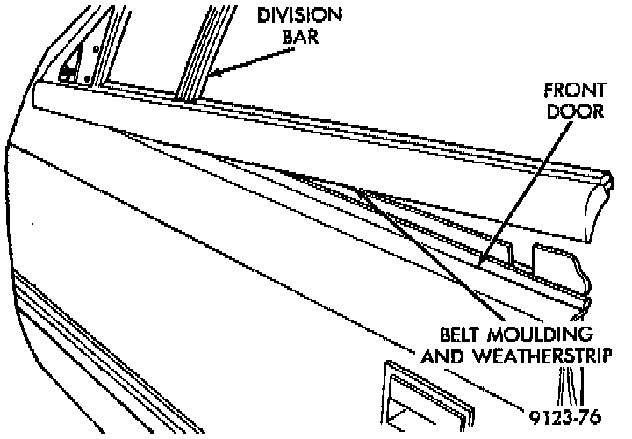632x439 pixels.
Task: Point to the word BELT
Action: click(x=466, y=335)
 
